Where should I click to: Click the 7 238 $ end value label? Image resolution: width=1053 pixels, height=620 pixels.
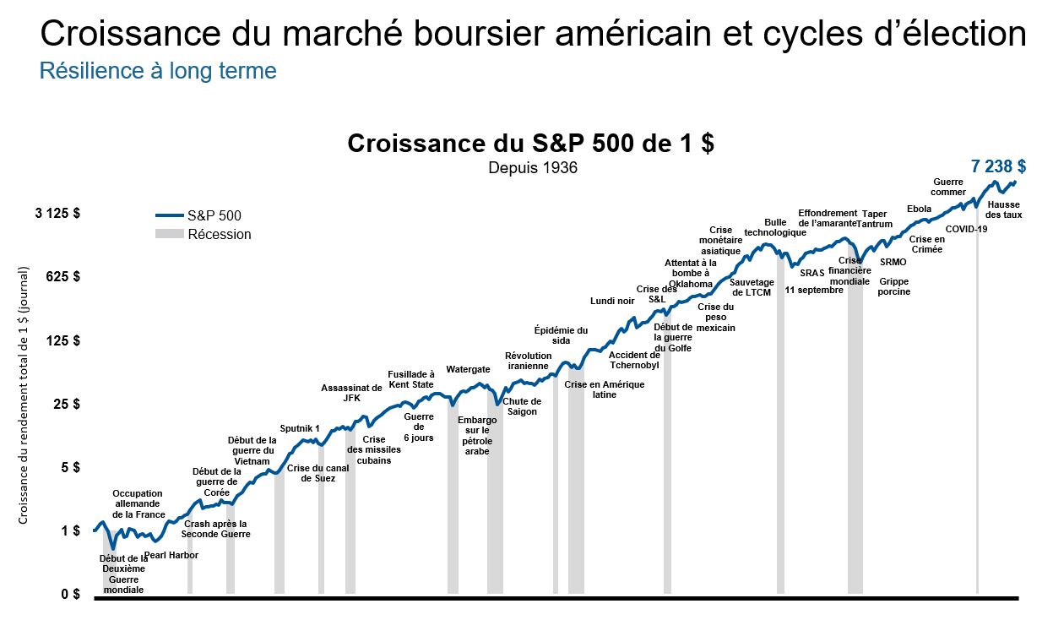point(997,166)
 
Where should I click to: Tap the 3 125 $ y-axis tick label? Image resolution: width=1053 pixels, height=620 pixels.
point(57,214)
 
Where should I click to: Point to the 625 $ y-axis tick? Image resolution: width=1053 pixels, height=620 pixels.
point(62,276)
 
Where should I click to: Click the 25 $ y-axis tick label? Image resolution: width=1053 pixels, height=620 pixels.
point(66,404)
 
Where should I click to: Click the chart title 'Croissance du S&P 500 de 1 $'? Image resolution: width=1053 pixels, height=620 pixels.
point(530,143)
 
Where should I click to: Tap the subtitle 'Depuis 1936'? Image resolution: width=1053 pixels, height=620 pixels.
point(532,168)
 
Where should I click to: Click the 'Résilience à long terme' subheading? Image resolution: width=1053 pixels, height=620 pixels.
point(158,71)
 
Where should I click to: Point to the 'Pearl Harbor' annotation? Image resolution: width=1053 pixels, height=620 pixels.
point(171,555)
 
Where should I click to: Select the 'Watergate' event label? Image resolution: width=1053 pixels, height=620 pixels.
point(468,369)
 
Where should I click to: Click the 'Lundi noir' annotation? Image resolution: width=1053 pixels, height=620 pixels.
point(612,301)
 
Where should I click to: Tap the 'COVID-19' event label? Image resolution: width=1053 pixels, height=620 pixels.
point(966,229)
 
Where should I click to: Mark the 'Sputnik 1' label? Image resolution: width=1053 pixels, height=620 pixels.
point(300,428)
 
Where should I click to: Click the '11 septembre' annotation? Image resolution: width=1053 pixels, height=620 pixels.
point(814,290)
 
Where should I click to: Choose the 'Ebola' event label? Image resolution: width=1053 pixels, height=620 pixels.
point(919,209)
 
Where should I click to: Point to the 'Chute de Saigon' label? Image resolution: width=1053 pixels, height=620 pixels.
point(522,406)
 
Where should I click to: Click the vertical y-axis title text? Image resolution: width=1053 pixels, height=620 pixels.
point(24,394)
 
